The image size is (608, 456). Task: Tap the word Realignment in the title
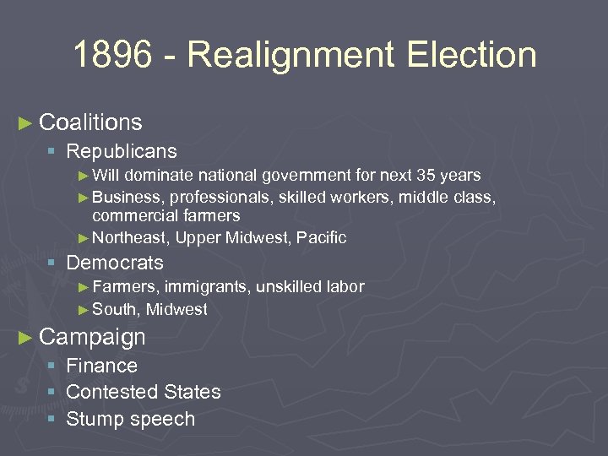pos(290,56)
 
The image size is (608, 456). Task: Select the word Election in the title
pos(471,56)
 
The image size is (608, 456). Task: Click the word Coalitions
pos(90,122)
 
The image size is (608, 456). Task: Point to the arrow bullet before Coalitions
pos(26,123)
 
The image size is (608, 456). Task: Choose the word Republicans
pos(122,152)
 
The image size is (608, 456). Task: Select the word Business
pos(128,198)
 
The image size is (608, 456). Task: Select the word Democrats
pos(115,263)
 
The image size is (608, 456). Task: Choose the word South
pos(113,310)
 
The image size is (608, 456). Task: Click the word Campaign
pos(92,337)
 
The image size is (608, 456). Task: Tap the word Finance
pos(101,366)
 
